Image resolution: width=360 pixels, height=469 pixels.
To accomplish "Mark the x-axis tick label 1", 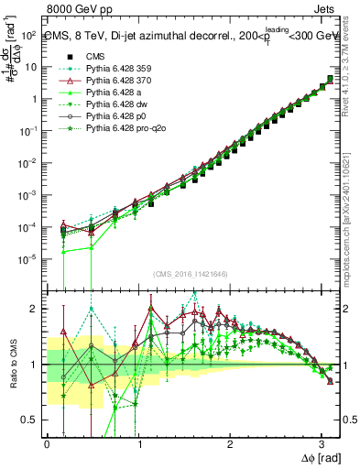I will [139, 442].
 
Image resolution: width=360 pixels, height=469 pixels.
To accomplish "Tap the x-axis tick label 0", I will [48, 442].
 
